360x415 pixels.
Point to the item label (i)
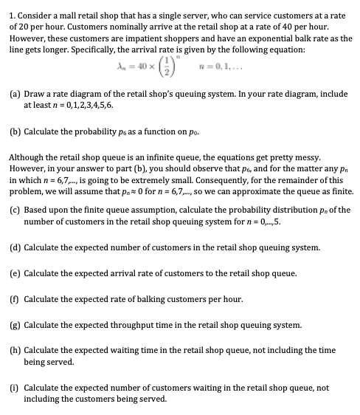tap(13, 387)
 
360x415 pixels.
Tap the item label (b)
tap(13, 135)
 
